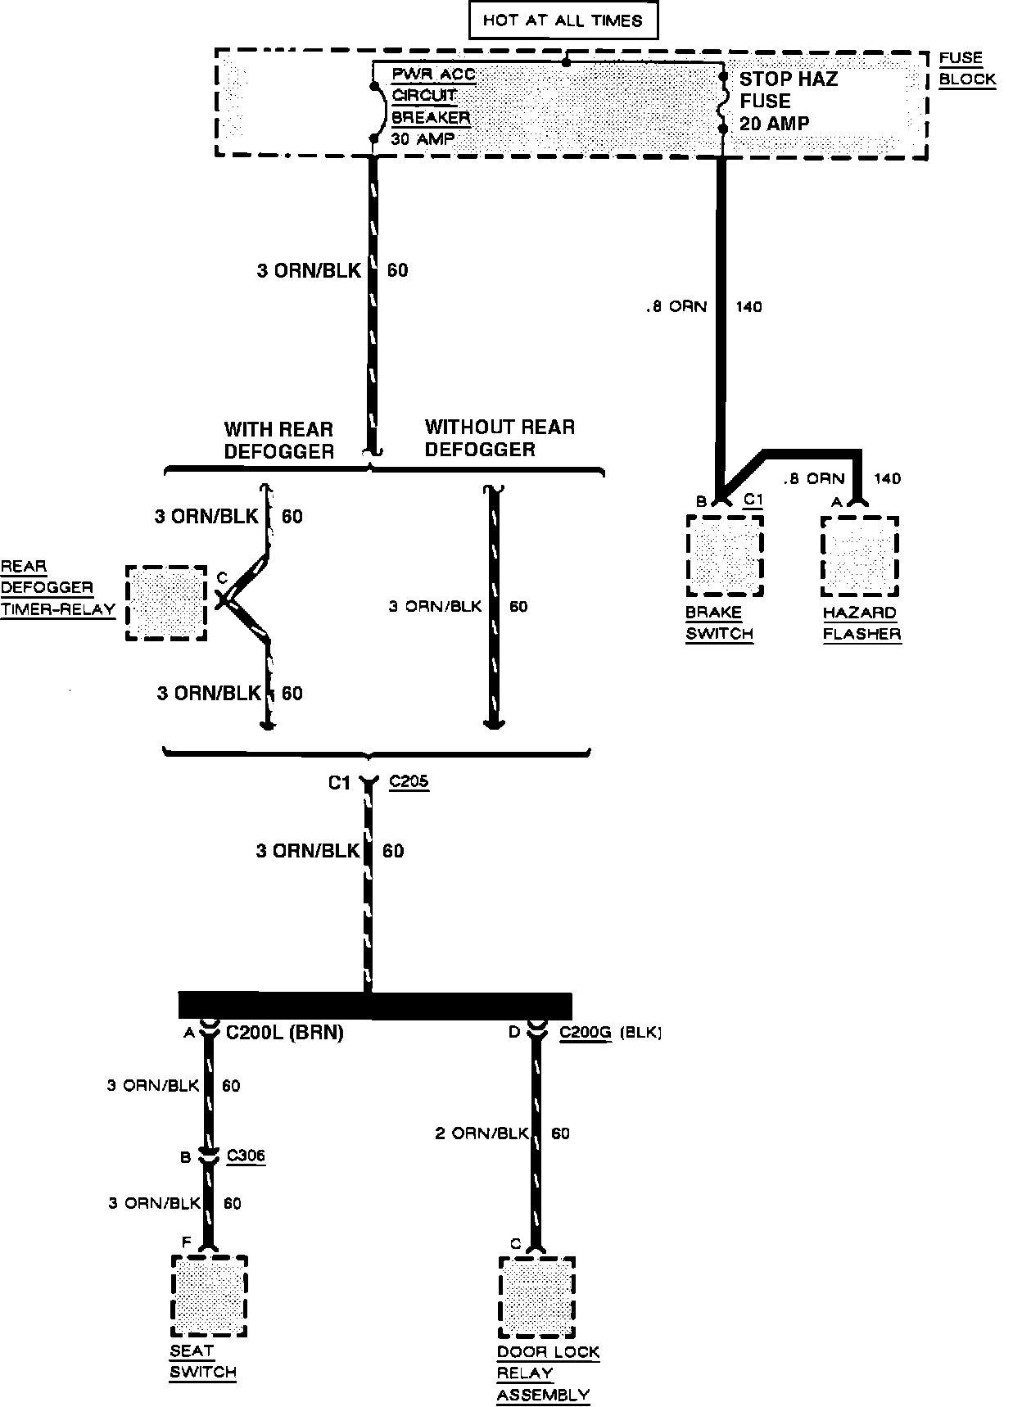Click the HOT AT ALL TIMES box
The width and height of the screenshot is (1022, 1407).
(x=563, y=21)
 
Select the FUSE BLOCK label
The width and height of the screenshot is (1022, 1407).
(x=966, y=69)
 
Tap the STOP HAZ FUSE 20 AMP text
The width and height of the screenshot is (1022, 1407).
(x=787, y=102)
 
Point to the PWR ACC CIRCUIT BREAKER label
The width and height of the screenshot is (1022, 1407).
(x=431, y=96)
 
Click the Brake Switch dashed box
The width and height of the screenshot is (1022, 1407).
(x=725, y=556)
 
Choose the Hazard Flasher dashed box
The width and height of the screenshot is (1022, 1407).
(x=860, y=556)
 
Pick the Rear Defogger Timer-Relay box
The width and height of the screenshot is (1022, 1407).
(x=166, y=603)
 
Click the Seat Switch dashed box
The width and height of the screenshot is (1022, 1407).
(x=210, y=1296)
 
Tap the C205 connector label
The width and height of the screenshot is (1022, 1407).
(x=409, y=781)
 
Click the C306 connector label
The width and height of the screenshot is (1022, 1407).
(x=246, y=1156)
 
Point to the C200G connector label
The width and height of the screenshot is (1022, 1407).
(x=586, y=1033)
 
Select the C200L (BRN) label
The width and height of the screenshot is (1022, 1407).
(x=284, y=1033)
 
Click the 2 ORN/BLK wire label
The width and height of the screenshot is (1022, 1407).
(x=482, y=1133)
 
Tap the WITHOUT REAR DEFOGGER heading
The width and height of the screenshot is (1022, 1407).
(x=500, y=438)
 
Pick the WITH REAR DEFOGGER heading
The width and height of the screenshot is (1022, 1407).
(x=278, y=441)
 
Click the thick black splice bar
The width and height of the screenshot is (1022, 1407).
(x=375, y=1005)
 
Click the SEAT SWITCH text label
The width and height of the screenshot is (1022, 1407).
(x=202, y=1362)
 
